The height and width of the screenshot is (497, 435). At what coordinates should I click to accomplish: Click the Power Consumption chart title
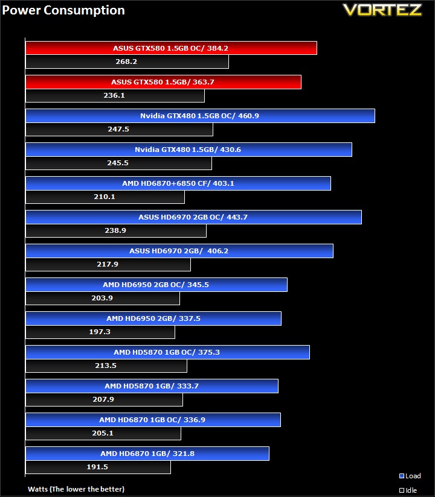(63, 10)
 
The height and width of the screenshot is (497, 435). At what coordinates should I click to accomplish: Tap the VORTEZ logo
(382, 10)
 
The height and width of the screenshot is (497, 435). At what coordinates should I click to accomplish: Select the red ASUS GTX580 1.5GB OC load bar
(171, 48)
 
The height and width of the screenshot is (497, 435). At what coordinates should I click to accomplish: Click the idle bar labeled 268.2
(127, 62)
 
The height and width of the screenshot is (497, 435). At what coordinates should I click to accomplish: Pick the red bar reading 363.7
(163, 82)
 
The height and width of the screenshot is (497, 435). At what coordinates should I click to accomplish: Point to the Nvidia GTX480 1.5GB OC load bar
(200, 116)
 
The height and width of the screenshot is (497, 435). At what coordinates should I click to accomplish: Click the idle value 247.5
(118, 129)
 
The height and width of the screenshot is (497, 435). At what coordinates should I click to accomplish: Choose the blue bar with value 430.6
(188, 150)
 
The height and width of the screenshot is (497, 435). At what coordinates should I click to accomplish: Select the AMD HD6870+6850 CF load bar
(178, 183)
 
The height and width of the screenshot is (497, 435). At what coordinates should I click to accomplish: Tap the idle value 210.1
(105, 197)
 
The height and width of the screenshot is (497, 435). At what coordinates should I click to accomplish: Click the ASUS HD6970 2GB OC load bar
(193, 217)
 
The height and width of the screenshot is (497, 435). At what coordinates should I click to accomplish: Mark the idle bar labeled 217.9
(108, 264)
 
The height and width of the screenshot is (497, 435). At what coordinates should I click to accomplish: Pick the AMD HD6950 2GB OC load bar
(156, 285)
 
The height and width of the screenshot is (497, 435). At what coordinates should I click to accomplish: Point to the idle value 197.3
(100, 332)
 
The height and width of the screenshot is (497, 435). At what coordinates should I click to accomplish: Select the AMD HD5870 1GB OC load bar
(167, 352)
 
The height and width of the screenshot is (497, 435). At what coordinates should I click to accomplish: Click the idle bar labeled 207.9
(104, 399)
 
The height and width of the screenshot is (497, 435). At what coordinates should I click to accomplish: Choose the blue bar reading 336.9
(153, 420)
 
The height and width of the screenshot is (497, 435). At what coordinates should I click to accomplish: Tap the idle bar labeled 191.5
(98, 467)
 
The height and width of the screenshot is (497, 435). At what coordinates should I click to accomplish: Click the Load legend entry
(410, 476)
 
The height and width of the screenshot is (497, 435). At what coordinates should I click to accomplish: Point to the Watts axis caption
(76, 489)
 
